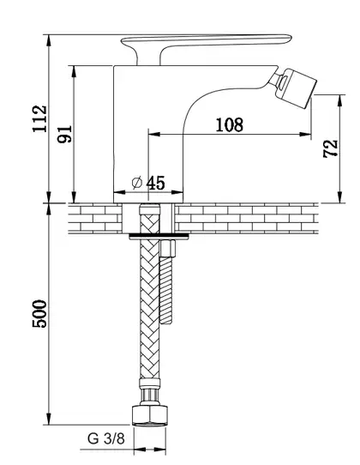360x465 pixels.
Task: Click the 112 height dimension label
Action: (x=40, y=118)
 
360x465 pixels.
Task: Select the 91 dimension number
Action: (x=65, y=134)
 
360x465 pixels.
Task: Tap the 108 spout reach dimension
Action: (x=230, y=125)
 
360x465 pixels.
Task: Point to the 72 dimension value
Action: (x=331, y=148)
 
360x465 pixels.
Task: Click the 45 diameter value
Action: (x=155, y=183)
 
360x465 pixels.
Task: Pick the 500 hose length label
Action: (x=40, y=314)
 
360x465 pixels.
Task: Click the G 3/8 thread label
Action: (x=106, y=438)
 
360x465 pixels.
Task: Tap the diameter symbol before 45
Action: (x=137, y=183)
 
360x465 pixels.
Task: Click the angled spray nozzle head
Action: (x=295, y=88)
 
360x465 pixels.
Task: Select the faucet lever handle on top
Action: (x=207, y=41)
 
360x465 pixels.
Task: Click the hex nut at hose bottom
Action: (x=149, y=415)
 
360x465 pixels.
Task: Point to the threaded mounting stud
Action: (x=166, y=290)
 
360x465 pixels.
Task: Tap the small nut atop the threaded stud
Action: (x=168, y=249)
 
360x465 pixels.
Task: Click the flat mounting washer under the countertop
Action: (x=159, y=236)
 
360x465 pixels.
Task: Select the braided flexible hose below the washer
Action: (x=150, y=308)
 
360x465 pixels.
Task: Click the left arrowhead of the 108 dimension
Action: (x=154, y=135)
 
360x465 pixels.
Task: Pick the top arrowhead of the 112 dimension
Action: (x=49, y=40)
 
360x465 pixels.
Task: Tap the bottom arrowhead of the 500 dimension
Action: (x=49, y=419)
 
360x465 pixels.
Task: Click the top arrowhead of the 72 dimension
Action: (x=340, y=100)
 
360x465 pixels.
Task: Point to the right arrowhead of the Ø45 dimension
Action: (x=177, y=192)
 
